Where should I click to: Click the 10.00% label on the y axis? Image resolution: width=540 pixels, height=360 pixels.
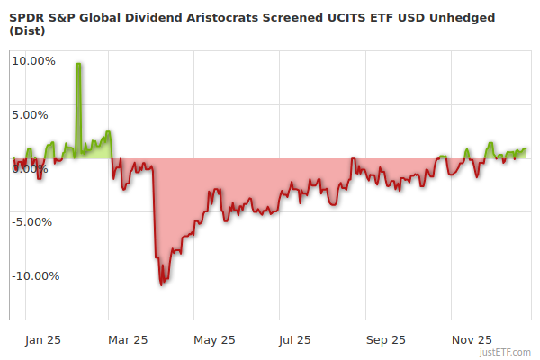tap(34, 61)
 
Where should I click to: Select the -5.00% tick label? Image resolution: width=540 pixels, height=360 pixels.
tap(35, 222)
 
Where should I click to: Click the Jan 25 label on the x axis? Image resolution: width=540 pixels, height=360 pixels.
tap(43, 340)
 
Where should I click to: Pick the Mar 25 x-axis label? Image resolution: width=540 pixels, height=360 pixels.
tap(127, 340)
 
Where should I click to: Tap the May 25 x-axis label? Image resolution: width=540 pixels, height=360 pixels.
tap(214, 340)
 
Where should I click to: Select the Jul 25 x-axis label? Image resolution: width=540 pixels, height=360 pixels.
tap(295, 340)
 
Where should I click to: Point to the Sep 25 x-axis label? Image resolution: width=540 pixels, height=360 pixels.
tap(385, 340)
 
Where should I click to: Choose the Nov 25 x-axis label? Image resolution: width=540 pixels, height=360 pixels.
tap(472, 340)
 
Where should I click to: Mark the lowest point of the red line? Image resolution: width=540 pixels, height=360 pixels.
tap(162, 284)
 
